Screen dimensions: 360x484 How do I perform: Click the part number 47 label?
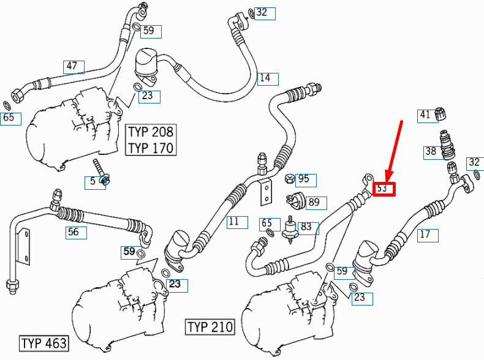point(72,66)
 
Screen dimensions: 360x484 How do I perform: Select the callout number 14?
point(265,78)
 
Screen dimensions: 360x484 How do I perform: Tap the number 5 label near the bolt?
point(93,181)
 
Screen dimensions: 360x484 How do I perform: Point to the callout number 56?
point(74,233)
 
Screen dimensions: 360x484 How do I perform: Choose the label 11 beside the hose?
point(233,222)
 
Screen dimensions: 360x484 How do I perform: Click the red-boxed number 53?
point(382,189)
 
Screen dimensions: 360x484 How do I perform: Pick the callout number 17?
point(425,234)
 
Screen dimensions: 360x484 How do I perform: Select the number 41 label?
point(425,114)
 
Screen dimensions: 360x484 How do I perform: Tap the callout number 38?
point(431,151)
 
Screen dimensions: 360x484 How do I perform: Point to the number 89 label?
point(313,202)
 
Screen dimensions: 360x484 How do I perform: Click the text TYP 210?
point(210,326)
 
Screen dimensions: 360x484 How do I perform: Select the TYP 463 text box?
point(43,342)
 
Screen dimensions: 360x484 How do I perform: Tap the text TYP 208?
point(151,132)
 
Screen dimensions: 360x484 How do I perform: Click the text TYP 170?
point(151,148)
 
